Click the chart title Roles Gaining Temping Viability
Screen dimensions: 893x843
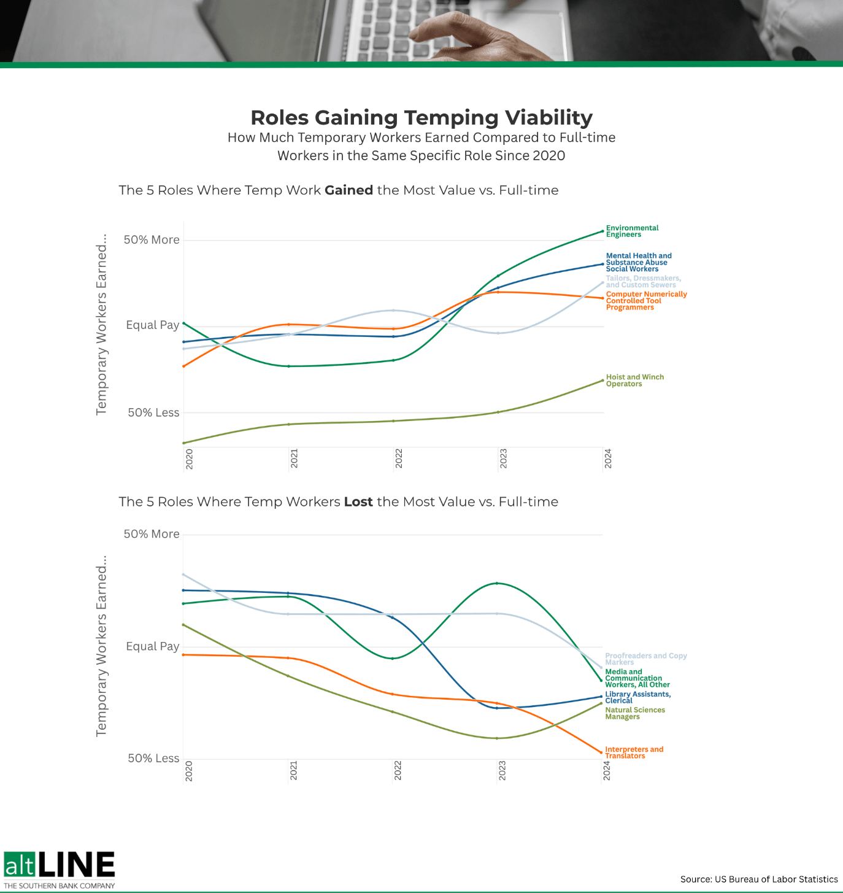click(422, 117)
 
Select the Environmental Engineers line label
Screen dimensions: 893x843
click(631, 231)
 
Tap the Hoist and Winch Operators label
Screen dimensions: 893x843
click(634, 381)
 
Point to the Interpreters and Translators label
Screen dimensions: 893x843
click(634, 752)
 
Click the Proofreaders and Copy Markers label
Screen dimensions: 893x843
click(645, 659)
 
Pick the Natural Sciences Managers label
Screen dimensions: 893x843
click(634, 713)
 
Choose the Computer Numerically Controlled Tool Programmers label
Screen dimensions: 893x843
click(646, 301)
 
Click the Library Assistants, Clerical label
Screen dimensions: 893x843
click(637, 697)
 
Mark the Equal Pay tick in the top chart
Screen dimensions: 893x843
click(152, 325)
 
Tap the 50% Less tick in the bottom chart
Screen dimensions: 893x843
click(153, 759)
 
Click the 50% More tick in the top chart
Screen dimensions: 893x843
click(152, 240)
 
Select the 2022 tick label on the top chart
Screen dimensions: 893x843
click(399, 459)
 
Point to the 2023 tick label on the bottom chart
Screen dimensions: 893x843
click(502, 771)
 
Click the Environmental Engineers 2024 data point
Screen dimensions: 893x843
click(602, 231)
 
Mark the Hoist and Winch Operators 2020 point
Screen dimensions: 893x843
click(184, 443)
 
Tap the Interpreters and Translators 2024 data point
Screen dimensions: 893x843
click(601, 752)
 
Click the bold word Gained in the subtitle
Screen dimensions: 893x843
click(348, 190)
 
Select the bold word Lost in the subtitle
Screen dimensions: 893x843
click(358, 502)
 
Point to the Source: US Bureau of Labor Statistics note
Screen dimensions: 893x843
click(759, 879)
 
